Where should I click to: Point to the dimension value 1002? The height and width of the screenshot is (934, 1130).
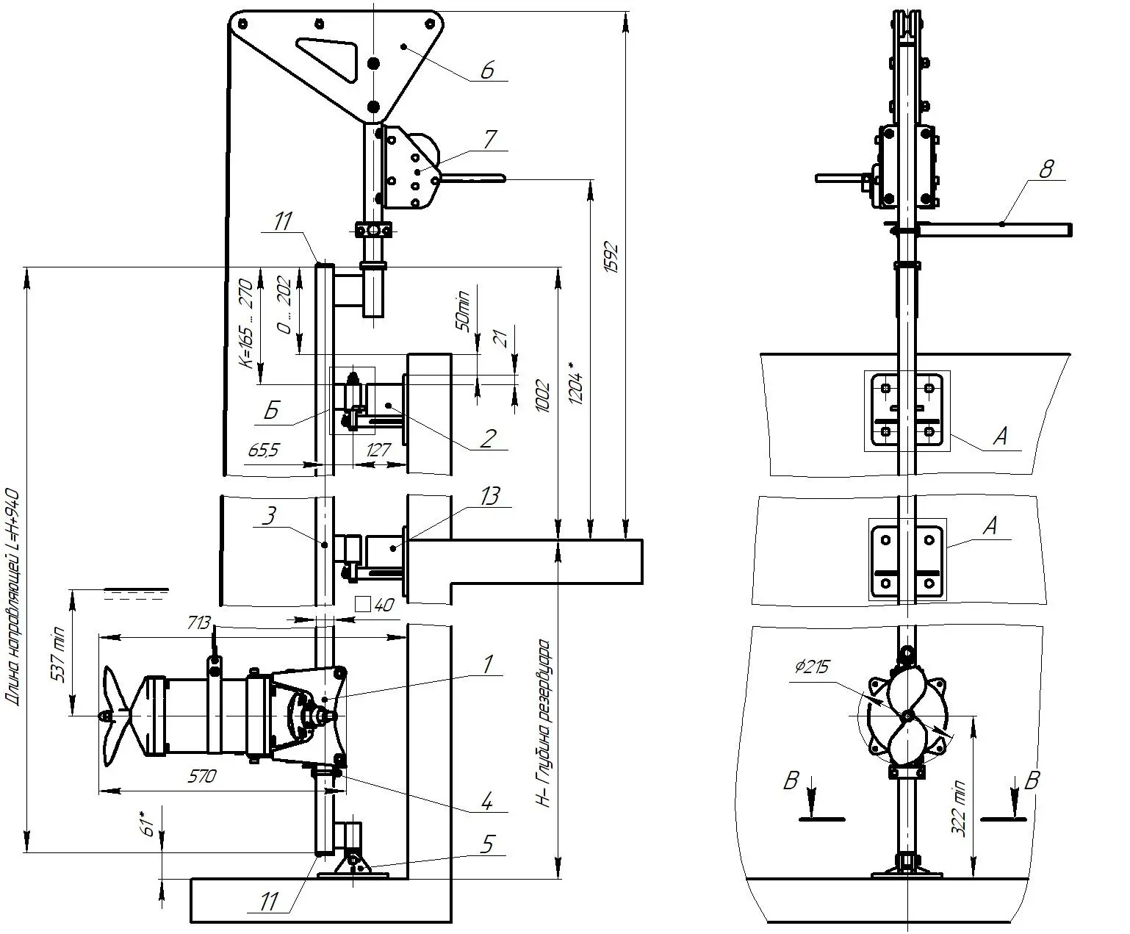(x=543, y=396)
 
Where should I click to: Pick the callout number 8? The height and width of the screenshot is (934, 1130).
(x=1046, y=169)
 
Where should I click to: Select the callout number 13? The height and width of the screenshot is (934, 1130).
(x=489, y=497)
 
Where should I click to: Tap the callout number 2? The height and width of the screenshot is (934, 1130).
(x=487, y=438)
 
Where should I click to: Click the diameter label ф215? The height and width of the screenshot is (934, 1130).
(x=811, y=667)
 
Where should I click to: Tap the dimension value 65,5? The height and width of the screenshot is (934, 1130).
(x=264, y=450)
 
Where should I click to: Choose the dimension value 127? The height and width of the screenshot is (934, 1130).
(x=378, y=450)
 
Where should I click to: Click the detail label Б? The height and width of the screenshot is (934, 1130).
(x=271, y=411)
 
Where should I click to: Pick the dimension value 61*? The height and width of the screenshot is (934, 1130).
(x=148, y=822)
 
